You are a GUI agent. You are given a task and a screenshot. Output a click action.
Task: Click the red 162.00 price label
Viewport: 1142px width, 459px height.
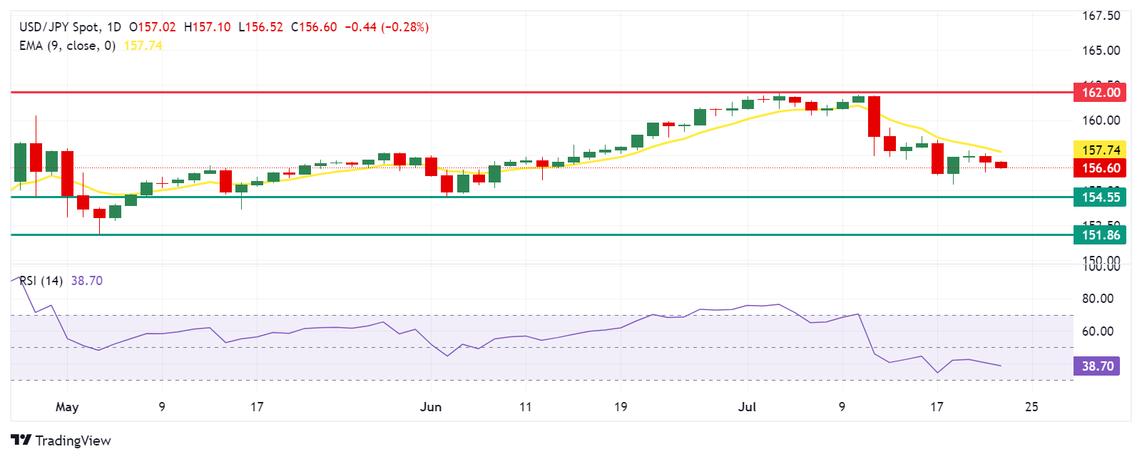tap(1101, 92)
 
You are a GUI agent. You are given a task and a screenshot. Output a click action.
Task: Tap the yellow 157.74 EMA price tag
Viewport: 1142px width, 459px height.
tap(1101, 150)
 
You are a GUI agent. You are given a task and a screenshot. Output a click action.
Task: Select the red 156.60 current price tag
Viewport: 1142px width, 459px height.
tap(1101, 168)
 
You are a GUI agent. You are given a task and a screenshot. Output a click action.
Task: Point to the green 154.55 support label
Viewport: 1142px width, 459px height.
tap(1101, 197)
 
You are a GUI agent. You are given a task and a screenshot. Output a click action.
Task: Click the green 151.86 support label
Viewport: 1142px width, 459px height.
tap(1101, 235)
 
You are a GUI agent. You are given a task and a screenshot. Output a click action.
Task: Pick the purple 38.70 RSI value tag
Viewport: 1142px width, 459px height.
tap(1097, 366)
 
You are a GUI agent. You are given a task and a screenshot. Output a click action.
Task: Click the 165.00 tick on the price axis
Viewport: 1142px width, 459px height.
tap(1101, 51)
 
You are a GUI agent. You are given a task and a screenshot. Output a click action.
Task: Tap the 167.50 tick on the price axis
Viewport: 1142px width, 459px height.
tap(1101, 16)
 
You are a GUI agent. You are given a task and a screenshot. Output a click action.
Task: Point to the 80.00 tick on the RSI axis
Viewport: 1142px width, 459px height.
tap(1097, 299)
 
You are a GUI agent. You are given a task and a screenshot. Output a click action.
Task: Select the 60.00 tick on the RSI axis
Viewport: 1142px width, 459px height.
tap(1097, 331)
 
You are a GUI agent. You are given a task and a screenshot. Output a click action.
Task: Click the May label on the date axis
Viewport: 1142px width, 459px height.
tap(67, 407)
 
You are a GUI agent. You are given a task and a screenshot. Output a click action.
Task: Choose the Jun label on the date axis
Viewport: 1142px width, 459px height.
tap(431, 407)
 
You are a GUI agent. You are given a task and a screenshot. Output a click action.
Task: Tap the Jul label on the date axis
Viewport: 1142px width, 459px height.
tap(747, 407)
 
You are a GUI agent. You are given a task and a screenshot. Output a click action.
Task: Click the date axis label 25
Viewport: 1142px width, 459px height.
tap(1031, 407)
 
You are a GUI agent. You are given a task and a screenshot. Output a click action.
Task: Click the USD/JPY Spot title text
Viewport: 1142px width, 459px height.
tap(59, 27)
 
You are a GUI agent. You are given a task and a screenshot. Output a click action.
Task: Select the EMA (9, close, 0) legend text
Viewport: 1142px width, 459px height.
tap(67, 46)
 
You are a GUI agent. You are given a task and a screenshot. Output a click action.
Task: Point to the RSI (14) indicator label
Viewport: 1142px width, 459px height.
tap(41, 281)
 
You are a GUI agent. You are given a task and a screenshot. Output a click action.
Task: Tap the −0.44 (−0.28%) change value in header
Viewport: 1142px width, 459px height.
tap(387, 27)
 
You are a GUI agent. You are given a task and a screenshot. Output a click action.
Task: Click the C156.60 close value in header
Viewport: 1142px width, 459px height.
tap(314, 27)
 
